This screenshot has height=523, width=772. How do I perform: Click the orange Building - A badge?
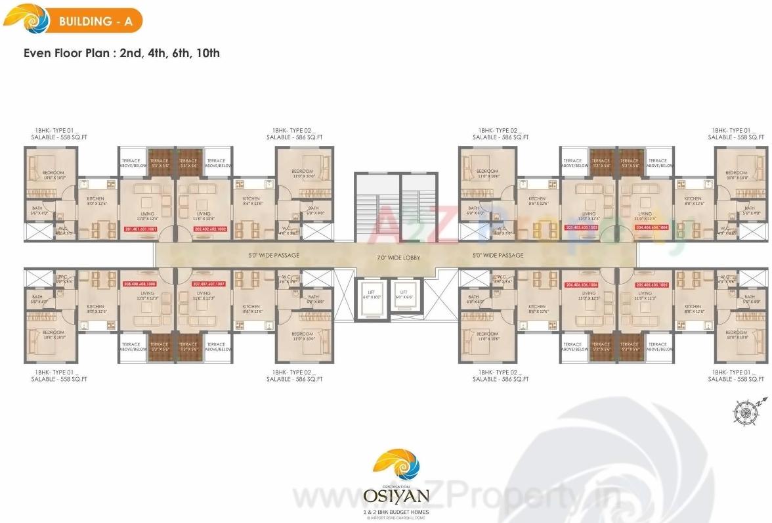click(x=95, y=21)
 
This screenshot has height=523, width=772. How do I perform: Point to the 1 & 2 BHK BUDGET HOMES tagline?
click(x=396, y=511)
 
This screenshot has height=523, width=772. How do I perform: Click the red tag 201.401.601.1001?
click(x=140, y=229)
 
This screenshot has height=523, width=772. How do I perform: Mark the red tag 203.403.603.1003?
click(x=581, y=228)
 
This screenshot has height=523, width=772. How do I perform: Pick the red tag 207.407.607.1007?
click(x=209, y=284)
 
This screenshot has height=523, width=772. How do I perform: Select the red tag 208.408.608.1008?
click(x=140, y=284)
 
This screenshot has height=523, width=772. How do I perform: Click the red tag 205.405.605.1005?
click(x=652, y=285)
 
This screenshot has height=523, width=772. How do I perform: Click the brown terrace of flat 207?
click(x=188, y=346)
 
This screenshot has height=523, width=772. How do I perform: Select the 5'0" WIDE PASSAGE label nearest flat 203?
click(x=498, y=255)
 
